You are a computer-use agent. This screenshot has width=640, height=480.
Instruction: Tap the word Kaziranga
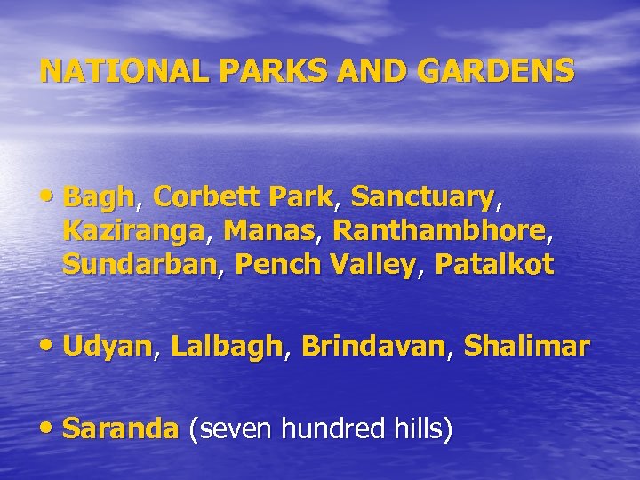pyautogui.click(x=133, y=231)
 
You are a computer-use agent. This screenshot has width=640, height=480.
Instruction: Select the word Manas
pyautogui.click(x=266, y=231)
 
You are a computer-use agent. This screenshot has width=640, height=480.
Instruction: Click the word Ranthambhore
pyautogui.click(x=439, y=231)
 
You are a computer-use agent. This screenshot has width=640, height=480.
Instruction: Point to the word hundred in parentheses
pyautogui.click(x=334, y=430)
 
